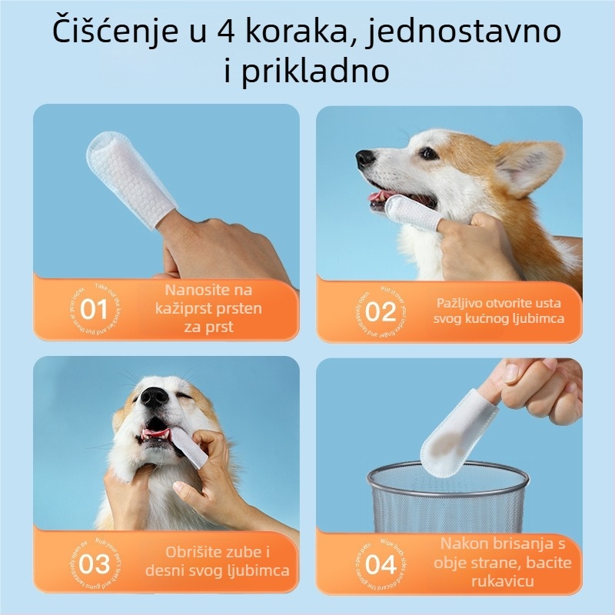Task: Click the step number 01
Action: tap(94, 311)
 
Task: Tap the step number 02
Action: tap(380, 312)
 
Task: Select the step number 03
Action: tap(95, 563)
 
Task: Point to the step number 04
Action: tap(380, 565)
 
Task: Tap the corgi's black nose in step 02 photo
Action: tap(365, 159)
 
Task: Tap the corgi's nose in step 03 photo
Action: tap(155, 397)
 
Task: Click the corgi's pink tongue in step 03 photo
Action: tap(156, 436)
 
